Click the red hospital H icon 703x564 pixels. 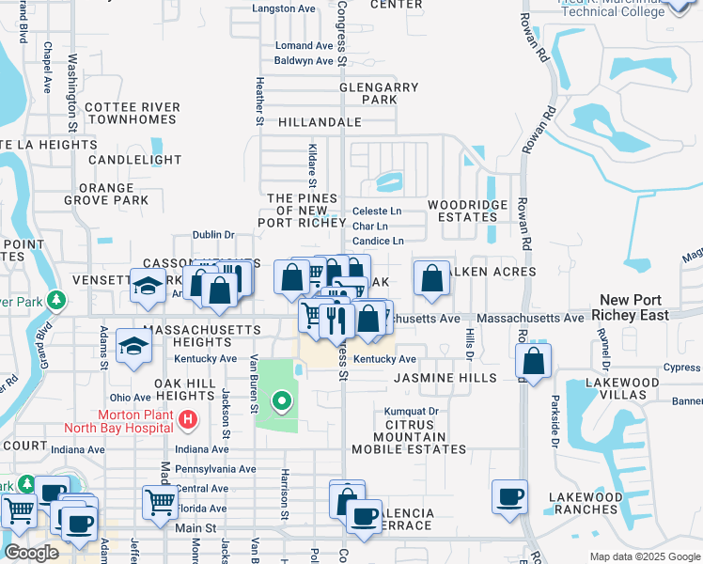click(x=188, y=420)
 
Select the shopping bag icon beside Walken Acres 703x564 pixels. click(x=431, y=279)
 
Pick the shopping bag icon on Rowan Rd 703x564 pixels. click(x=533, y=362)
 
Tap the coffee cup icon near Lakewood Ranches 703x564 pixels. click(x=509, y=497)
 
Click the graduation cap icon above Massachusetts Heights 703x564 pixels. click(x=133, y=347)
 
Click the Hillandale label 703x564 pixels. click(x=320, y=122)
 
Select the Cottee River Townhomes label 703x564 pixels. click(x=132, y=114)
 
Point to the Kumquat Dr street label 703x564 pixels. click(x=412, y=412)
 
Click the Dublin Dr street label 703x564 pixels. click(x=212, y=235)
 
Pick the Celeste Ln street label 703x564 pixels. click(x=376, y=211)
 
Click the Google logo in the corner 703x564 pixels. click(x=31, y=553)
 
